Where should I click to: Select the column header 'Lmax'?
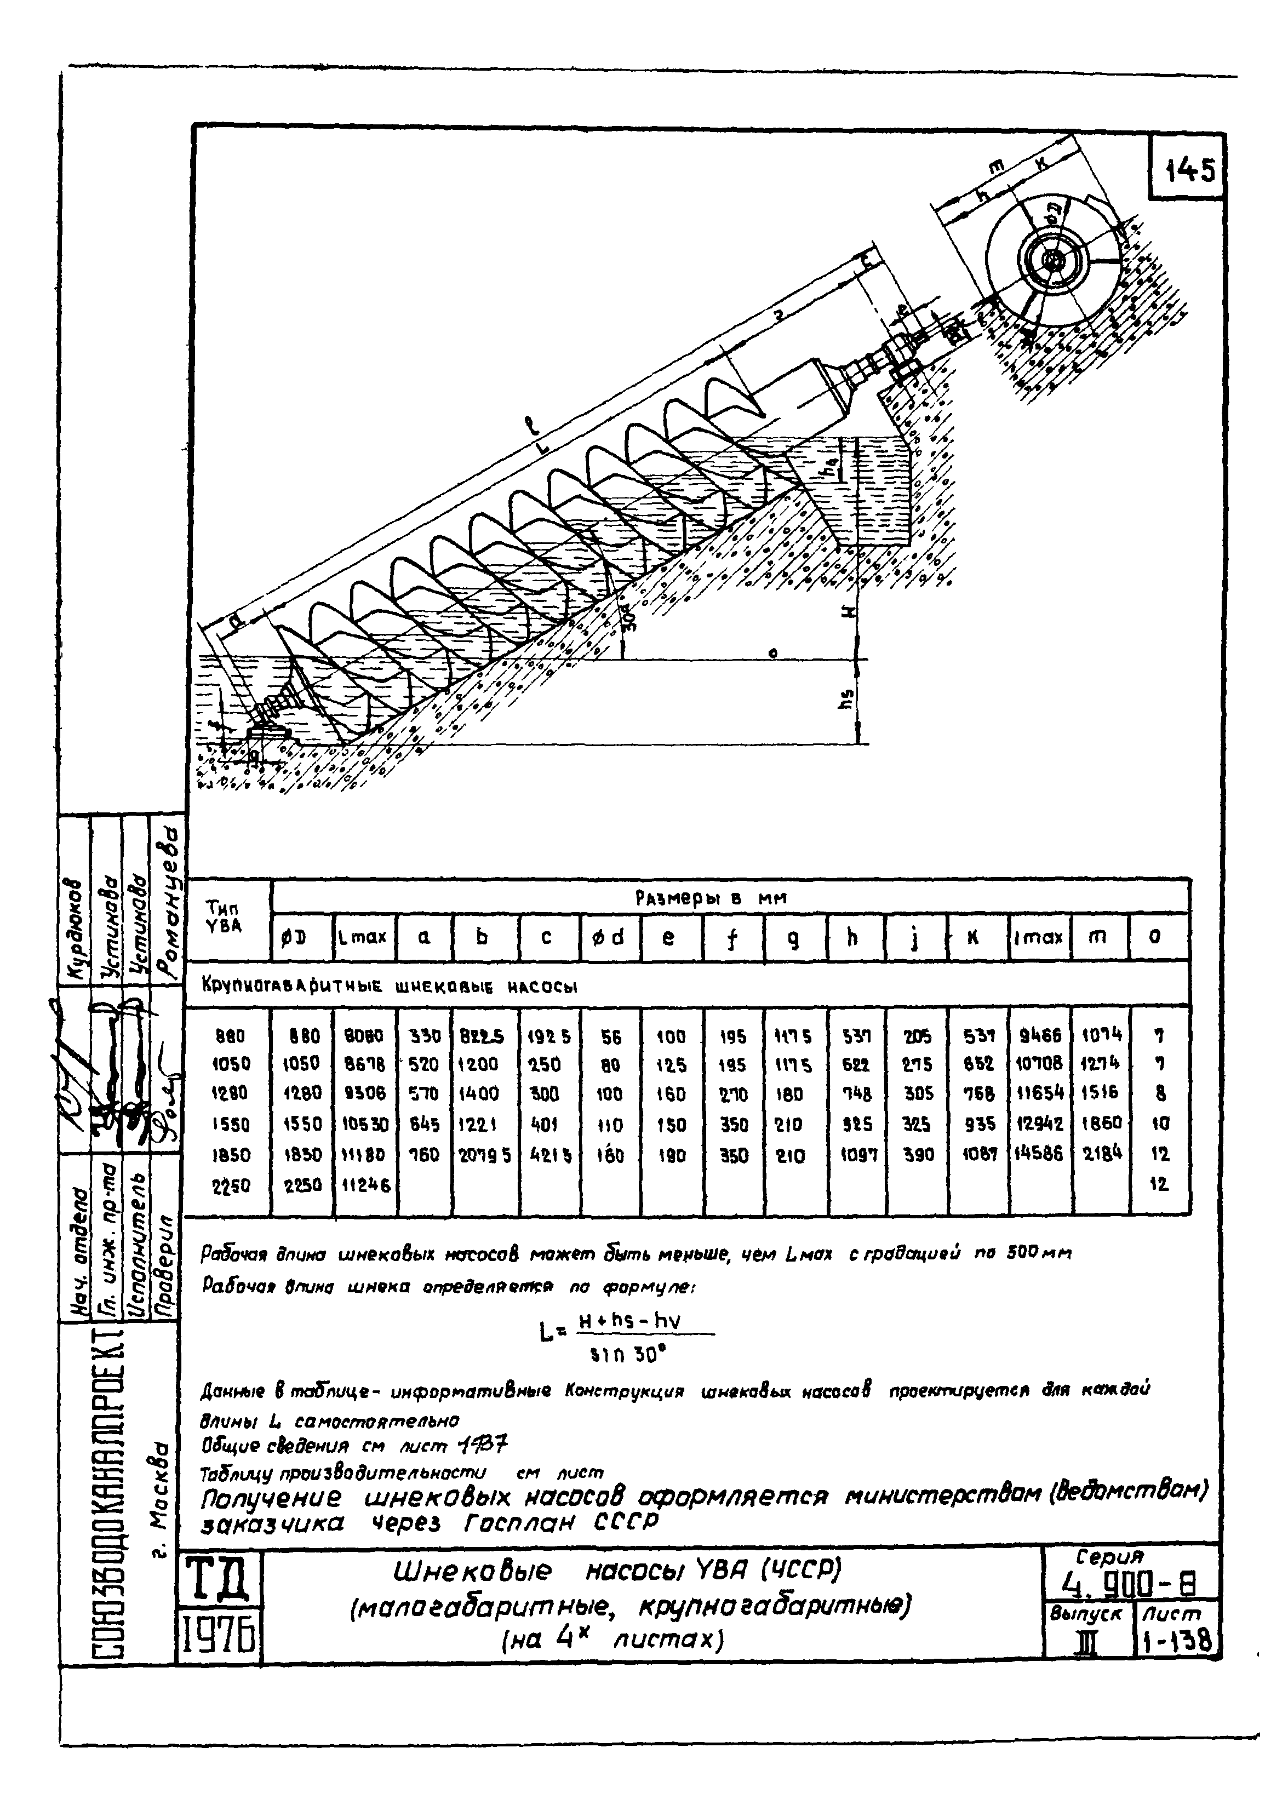(363, 937)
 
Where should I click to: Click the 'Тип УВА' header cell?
(225, 916)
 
